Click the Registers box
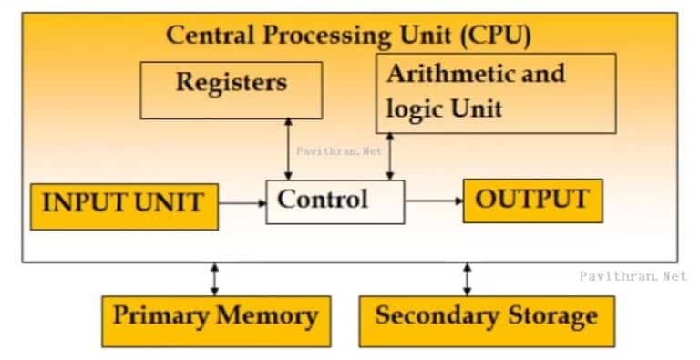(x=231, y=89)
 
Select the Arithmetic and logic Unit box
(x=495, y=92)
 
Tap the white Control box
(x=335, y=201)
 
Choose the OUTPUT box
(x=532, y=200)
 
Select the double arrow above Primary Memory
(x=215, y=278)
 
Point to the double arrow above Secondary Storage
(x=468, y=278)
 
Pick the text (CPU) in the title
(x=496, y=36)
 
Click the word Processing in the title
(x=318, y=37)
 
